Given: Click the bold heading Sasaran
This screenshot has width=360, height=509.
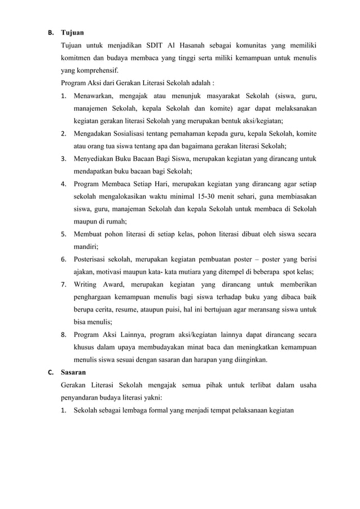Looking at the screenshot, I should pos(73,372).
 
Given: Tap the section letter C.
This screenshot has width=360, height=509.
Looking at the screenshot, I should pos(50,372).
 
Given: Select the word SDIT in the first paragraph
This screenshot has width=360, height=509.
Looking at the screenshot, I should pos(154,45).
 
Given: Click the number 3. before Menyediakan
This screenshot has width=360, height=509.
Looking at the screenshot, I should pos(64,158).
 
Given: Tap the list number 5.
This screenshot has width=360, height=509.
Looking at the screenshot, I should pos(64,234).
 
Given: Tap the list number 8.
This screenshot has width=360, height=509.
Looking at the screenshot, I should pos(64,335).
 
